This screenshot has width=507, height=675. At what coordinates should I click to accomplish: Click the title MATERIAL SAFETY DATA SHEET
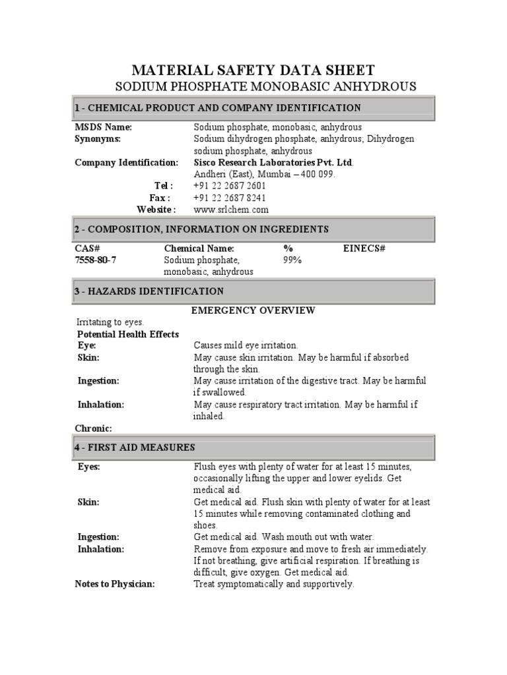(253, 70)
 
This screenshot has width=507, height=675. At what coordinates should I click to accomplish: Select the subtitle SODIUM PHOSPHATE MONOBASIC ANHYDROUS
(265, 86)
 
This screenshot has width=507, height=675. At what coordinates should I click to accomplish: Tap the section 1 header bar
(253, 107)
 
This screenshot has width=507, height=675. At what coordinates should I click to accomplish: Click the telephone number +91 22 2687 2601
(230, 186)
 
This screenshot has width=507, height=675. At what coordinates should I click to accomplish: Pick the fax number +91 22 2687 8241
(230, 198)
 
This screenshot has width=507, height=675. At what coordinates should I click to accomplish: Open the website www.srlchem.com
(231, 210)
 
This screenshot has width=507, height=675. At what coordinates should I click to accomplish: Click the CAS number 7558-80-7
(96, 260)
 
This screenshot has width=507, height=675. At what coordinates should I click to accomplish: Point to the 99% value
(292, 260)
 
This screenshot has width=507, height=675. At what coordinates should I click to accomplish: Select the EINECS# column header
(364, 248)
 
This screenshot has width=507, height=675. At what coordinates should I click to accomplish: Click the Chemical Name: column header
(199, 248)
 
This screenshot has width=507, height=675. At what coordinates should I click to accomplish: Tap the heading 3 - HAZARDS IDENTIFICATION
(149, 291)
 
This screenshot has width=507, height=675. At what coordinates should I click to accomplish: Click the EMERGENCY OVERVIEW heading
(253, 310)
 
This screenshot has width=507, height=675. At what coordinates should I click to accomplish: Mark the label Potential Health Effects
(128, 334)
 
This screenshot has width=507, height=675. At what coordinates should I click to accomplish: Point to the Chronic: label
(93, 428)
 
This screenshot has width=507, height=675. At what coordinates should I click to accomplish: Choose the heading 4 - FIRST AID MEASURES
(135, 448)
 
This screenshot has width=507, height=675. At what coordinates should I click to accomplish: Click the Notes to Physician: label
(114, 584)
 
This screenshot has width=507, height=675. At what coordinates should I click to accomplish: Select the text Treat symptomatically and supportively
(274, 584)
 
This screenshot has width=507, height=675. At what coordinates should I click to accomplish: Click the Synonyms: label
(98, 138)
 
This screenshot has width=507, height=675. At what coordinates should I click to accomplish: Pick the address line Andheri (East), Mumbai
(264, 174)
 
